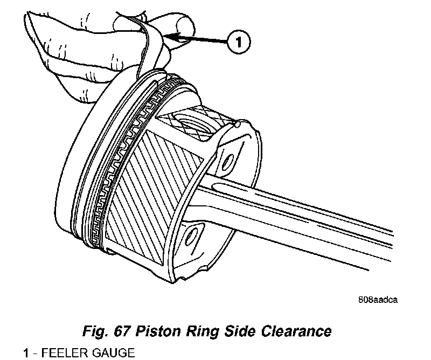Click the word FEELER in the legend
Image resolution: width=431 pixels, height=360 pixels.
tap(61, 353)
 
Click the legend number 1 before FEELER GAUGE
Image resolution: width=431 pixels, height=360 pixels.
tap(25, 353)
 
